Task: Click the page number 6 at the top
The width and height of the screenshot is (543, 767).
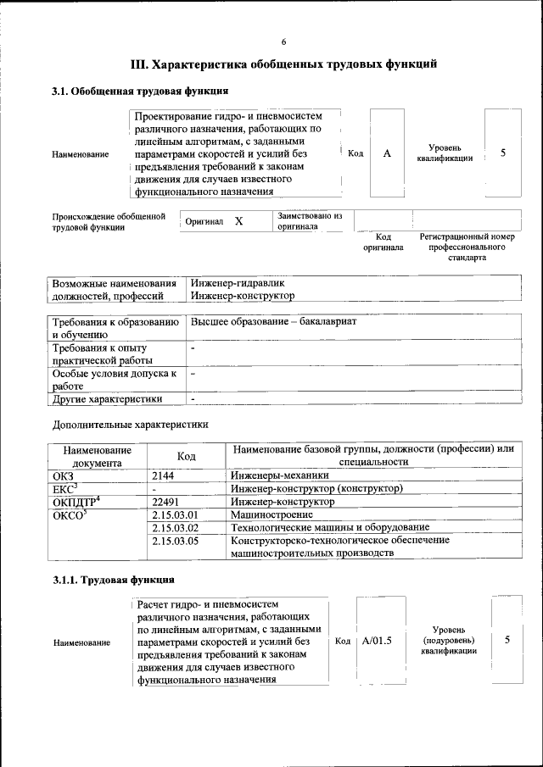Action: pos(284,42)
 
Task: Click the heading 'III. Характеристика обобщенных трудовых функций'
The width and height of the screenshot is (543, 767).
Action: pos(283,64)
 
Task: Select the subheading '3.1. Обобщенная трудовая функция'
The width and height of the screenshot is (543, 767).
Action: pos(139,92)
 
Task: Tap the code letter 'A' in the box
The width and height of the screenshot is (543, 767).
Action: pos(387,153)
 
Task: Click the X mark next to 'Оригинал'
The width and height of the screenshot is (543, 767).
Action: pos(238,221)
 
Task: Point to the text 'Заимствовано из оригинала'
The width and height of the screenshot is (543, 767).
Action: pos(309,221)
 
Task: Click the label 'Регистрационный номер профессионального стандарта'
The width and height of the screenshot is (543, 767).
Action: pos(467,246)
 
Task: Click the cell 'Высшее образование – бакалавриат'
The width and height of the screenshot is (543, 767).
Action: pos(273,323)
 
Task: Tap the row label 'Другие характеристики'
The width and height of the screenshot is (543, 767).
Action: pos(107,398)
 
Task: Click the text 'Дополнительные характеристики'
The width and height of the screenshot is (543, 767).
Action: pos(130,424)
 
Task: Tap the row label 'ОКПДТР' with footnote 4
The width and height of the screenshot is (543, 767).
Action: pos(76,501)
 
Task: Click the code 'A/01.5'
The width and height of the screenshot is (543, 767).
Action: pos(377,641)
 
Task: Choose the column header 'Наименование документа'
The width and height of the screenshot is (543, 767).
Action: pos(97,456)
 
